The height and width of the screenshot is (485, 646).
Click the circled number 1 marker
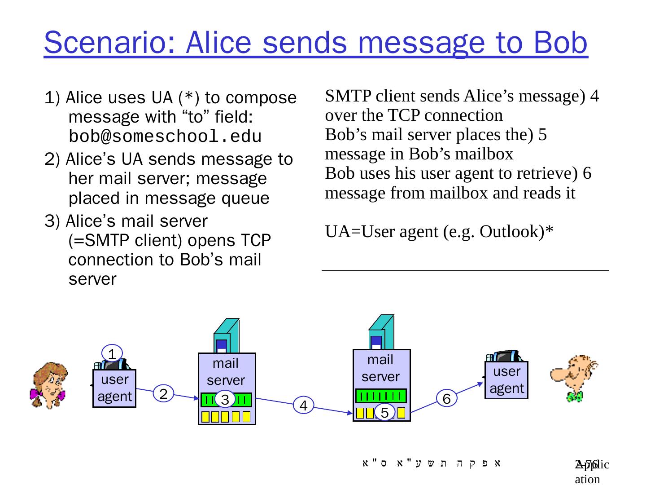[x=112, y=353]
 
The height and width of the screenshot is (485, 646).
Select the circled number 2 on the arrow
[x=163, y=394]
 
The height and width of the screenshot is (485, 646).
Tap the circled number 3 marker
[x=225, y=399]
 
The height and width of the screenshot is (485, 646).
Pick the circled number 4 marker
[x=303, y=406]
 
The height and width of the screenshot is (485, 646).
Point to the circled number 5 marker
[x=384, y=412]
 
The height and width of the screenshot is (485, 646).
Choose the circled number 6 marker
[x=446, y=398]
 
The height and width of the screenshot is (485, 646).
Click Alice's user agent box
[x=114, y=388]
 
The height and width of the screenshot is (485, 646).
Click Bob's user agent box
[x=506, y=380]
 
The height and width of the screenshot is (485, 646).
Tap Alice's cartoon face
[x=49, y=384]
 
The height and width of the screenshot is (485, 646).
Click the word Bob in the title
[x=559, y=43]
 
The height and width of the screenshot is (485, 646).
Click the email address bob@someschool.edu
[x=165, y=136]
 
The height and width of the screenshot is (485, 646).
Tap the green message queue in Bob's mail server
[x=381, y=396]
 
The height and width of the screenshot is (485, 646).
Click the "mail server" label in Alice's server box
[x=226, y=371]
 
